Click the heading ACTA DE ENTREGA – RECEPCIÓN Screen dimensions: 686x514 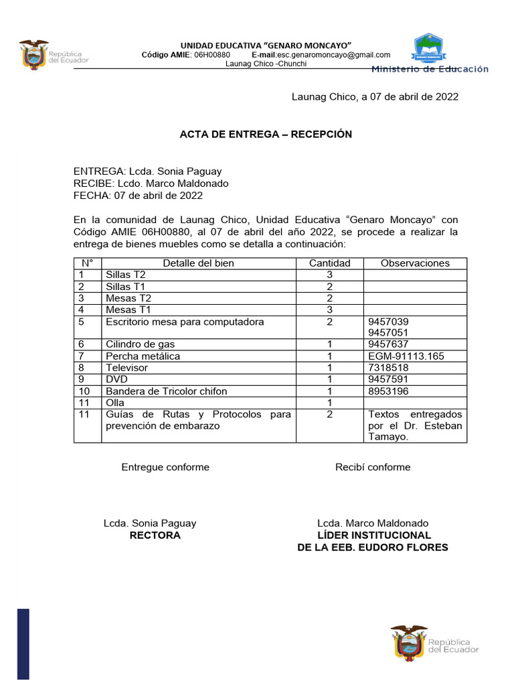point(266,134)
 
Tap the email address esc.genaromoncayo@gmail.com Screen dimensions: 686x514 point(334,55)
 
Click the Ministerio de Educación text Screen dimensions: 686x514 point(430,69)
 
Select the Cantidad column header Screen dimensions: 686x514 point(329,263)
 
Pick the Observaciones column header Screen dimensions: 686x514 point(415,263)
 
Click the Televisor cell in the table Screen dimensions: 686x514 point(127,368)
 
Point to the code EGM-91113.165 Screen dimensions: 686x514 point(406,356)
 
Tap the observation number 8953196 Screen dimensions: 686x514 point(388,391)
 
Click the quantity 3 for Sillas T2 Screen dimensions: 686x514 point(329,275)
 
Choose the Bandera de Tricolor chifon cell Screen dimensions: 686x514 point(166,391)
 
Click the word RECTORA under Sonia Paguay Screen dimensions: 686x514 point(155,535)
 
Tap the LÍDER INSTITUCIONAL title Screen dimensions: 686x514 point(373,535)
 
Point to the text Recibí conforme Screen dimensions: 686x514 point(373,467)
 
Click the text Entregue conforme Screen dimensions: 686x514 point(165,467)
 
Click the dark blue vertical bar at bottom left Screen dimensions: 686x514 point(23,643)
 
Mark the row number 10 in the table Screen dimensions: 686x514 point(84,391)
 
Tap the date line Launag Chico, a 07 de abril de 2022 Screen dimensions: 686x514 point(375,96)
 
